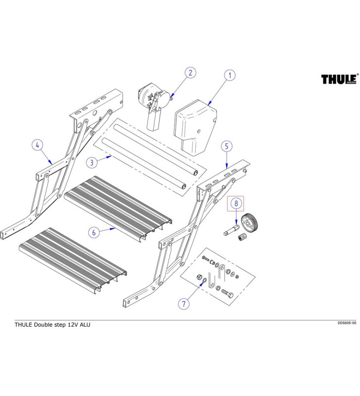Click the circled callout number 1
229,76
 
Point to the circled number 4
38,146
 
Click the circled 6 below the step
92,232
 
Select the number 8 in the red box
236,203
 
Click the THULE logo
339,79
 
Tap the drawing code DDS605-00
347,323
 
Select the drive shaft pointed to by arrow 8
231,230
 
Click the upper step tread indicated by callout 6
116,206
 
